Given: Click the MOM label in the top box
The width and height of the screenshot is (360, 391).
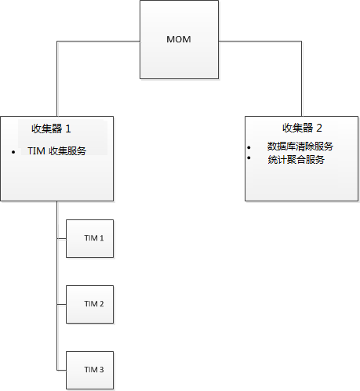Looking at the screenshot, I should [179, 39].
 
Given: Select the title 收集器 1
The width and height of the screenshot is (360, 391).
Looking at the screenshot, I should [56, 128].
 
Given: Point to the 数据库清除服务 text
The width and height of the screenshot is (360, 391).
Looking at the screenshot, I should [300, 147].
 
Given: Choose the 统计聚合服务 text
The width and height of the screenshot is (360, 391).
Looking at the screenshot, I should [296, 160].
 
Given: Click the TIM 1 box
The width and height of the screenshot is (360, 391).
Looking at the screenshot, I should [90, 238].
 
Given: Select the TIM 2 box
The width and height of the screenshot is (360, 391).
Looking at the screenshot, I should [90, 303].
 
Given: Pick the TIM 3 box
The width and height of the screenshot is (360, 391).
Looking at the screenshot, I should [90, 368].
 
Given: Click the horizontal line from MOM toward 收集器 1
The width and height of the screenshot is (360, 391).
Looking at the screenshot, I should [98, 40].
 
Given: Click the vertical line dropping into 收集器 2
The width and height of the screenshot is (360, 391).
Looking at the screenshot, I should [301, 78].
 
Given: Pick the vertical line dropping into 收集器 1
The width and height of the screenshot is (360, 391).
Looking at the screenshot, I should [56, 78].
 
